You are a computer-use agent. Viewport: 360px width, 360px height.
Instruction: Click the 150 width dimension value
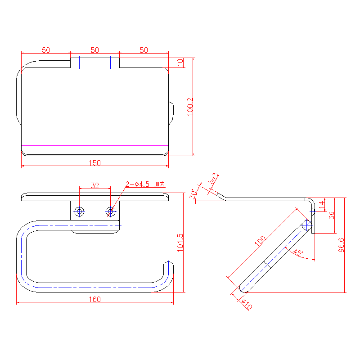coord(95,163)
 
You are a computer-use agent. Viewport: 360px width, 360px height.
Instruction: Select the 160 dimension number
coord(95,299)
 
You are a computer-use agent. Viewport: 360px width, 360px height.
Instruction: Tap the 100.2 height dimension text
coord(190,107)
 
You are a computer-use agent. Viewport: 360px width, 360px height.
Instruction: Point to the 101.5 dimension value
coord(180,243)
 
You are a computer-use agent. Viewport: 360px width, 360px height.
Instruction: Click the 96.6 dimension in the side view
coord(342,245)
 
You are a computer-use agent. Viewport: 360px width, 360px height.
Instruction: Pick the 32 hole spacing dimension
coord(95,185)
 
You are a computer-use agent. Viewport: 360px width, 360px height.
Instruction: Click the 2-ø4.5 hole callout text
coord(145,184)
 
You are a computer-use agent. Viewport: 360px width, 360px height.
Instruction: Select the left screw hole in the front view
coord(79,211)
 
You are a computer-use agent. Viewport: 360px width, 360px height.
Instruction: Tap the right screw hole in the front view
coord(110,211)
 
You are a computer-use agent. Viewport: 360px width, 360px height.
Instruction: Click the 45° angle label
coord(298,252)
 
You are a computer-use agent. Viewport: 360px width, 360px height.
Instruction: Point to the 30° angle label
coord(193,194)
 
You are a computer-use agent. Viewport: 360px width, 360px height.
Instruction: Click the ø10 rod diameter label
coord(247,305)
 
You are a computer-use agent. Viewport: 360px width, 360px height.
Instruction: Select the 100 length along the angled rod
coord(260,241)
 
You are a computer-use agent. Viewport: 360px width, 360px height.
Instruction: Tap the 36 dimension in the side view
coord(332,216)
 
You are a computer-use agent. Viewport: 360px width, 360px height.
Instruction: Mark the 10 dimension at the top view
coord(180,62)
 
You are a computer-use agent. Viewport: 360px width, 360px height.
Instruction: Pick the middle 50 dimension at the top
coord(95,50)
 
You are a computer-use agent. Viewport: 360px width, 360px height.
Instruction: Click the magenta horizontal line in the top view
coord(95,145)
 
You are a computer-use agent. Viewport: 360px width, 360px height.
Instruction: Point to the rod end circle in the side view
coord(307,225)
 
